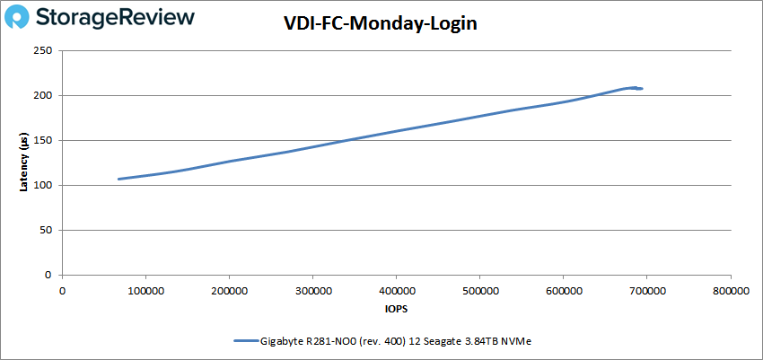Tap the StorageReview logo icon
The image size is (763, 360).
click(21, 17)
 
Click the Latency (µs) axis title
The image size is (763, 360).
click(25, 162)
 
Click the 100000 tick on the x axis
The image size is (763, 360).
click(145, 291)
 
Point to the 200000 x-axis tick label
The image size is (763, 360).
click(229, 291)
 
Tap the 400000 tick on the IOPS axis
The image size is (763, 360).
click(396, 291)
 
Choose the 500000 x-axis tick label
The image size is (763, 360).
click(479, 291)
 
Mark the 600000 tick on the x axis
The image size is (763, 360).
click(563, 291)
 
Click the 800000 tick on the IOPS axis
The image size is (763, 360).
click(730, 291)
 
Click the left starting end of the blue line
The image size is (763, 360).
click(119, 179)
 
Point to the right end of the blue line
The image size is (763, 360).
click(641, 88)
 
